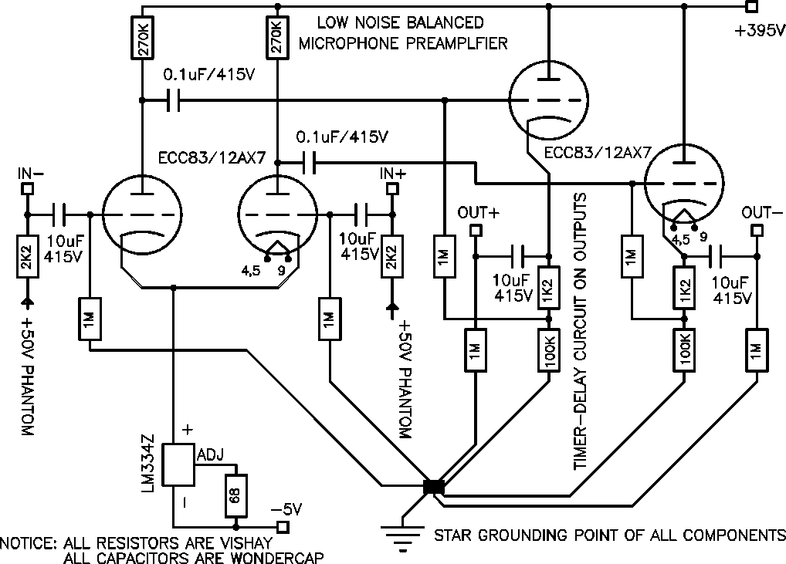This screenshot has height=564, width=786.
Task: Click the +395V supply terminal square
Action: [751, 8]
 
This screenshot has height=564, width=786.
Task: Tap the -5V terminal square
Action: [283, 527]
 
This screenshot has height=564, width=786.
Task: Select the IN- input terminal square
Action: [26, 187]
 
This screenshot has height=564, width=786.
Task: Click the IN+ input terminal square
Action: [392, 187]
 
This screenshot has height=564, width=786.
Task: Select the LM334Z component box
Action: [181, 464]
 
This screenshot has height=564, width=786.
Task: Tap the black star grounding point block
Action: [434, 487]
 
